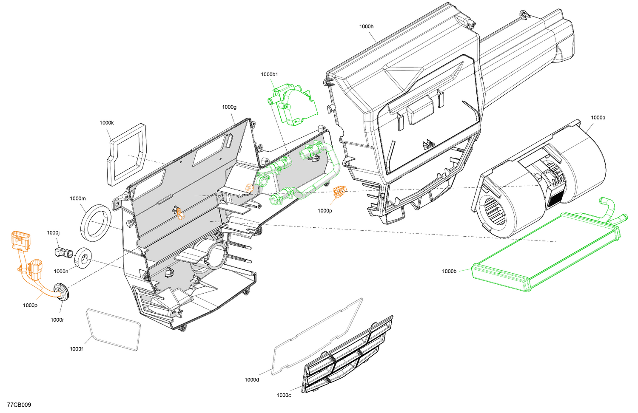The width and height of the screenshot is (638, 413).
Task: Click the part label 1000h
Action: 366,26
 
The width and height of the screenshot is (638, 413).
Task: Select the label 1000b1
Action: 269,74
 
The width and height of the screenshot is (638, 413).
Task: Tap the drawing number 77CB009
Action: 19,405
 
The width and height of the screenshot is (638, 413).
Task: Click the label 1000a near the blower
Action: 598,118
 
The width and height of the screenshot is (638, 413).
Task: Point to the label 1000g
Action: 229,107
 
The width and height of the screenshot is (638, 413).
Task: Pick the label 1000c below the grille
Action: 284,395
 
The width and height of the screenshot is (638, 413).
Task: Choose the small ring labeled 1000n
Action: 83,258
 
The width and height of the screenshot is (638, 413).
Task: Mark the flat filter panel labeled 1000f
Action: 113,330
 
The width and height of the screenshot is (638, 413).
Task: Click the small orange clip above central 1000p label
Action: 339,192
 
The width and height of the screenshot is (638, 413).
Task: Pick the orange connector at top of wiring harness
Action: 20,240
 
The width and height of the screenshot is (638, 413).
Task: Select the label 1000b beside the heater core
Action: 449,271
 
